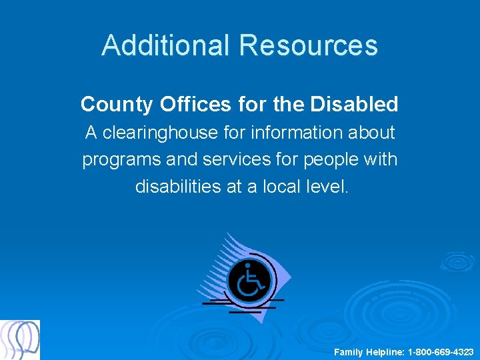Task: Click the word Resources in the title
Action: click(x=309, y=45)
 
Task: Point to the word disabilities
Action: click(x=178, y=187)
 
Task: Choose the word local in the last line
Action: click(x=279, y=187)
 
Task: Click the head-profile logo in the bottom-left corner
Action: click(x=20, y=339)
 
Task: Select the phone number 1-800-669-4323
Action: click(x=441, y=351)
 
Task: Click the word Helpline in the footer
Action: click(x=385, y=351)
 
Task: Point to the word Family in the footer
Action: click(x=349, y=351)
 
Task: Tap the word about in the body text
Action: click(x=373, y=133)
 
